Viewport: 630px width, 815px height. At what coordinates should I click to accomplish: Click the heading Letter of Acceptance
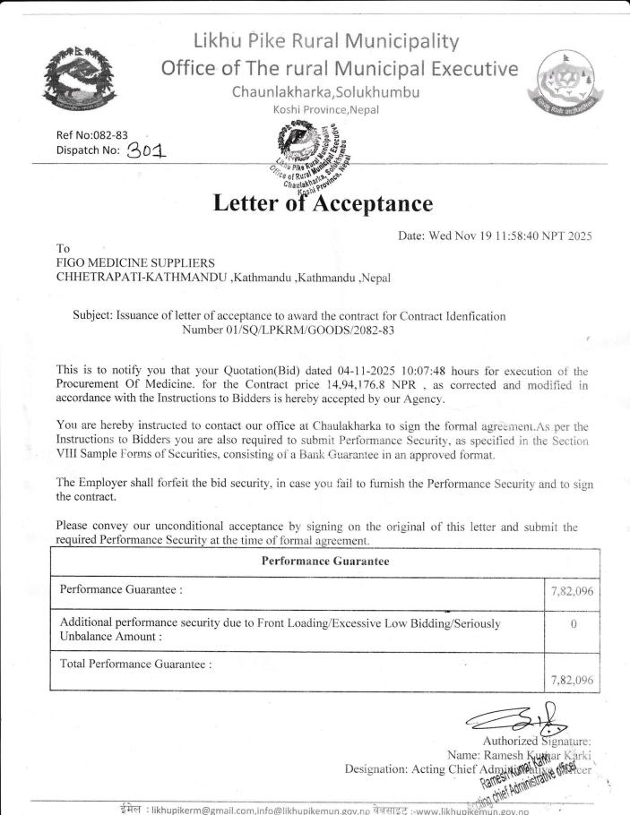(x=324, y=203)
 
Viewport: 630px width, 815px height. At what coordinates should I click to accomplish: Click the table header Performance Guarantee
(x=324, y=562)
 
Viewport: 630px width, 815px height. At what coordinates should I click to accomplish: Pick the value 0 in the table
(x=572, y=623)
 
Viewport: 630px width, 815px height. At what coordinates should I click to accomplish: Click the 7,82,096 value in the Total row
(x=571, y=680)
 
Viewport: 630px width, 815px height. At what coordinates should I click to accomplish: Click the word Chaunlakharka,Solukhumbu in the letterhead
(x=326, y=92)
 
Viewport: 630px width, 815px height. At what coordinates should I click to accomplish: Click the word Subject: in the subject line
(x=92, y=316)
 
